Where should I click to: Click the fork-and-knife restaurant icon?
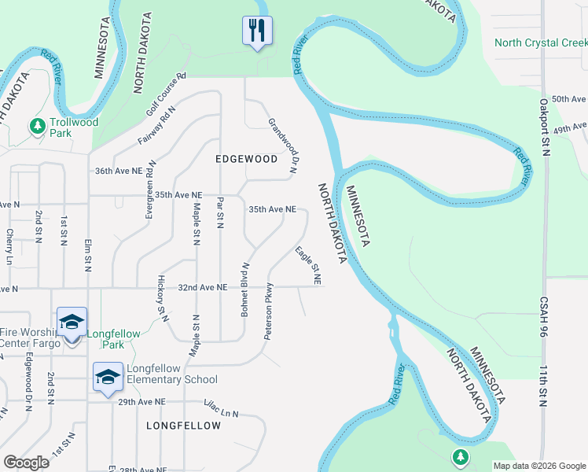pos(257,31)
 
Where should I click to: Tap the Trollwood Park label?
pos(74,127)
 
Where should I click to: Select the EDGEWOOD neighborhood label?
pos(247,159)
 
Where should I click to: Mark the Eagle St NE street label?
pos(308,266)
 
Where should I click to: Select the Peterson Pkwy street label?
pos(269,311)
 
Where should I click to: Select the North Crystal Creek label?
pos(541,42)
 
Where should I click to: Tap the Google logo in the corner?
pos(26,463)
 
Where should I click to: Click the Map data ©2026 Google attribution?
pos(539,466)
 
